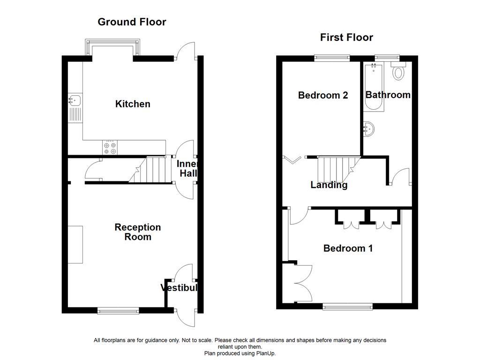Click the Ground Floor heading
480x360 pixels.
click(x=131, y=22)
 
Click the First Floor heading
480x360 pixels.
click(x=346, y=37)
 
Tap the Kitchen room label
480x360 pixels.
click(x=133, y=104)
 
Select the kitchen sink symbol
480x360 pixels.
click(x=74, y=100)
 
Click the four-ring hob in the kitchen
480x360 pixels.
click(x=110, y=148)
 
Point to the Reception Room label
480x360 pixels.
click(x=137, y=232)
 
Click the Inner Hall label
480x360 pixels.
click(x=187, y=169)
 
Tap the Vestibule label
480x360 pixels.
click(x=179, y=288)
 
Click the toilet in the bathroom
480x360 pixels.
click(x=399, y=72)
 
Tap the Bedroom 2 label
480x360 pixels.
click(x=323, y=96)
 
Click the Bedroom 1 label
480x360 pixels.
click(x=348, y=248)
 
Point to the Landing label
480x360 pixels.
click(x=329, y=185)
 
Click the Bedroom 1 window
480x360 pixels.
click(x=347, y=307)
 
